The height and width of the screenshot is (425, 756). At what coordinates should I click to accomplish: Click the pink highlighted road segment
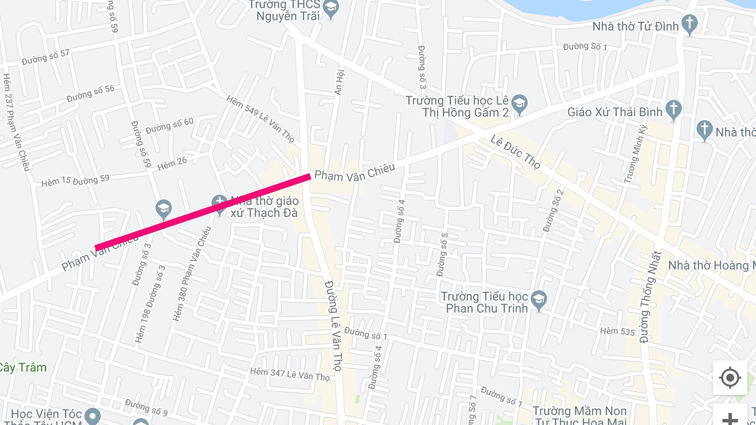(x=202, y=211)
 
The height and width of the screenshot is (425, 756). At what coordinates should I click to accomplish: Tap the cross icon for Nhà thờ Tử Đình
(x=689, y=24)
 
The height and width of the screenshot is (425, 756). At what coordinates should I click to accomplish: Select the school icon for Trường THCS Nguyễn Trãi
(x=331, y=8)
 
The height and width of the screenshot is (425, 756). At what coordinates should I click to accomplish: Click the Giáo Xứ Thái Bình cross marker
(x=673, y=109)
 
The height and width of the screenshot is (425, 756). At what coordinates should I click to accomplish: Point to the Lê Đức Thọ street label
(x=515, y=152)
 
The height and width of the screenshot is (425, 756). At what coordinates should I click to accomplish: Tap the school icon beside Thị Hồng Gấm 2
(x=520, y=104)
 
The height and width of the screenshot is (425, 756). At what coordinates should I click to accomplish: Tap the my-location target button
(x=730, y=378)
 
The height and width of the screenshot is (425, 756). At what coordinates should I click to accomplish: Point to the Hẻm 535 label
(x=617, y=331)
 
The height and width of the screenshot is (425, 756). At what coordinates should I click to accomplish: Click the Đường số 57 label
(x=45, y=57)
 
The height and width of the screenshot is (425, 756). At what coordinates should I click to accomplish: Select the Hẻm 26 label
(x=172, y=164)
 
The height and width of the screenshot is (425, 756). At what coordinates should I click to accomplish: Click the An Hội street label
(x=339, y=82)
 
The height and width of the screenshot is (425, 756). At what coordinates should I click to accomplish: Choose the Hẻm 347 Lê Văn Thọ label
(x=289, y=374)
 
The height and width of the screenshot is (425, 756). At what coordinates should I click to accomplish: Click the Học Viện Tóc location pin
(x=93, y=416)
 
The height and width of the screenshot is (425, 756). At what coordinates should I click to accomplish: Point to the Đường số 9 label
(x=146, y=407)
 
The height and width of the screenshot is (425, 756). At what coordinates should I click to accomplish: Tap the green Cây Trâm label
(x=22, y=367)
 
